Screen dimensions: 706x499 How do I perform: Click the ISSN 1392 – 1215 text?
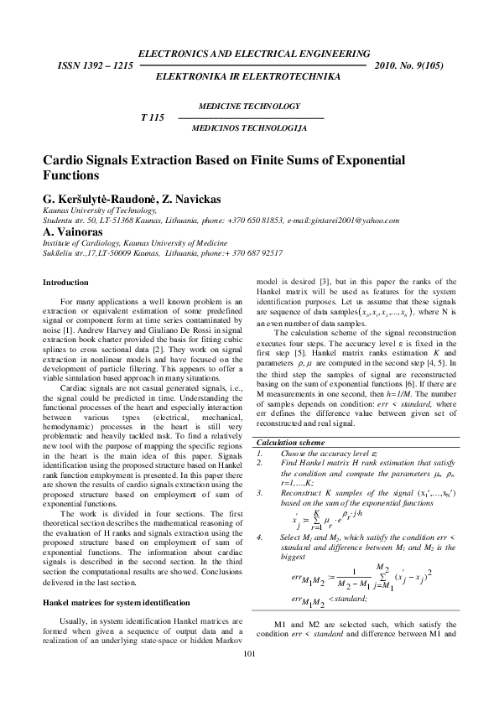tap(93, 65)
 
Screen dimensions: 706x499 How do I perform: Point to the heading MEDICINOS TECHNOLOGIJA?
tap(250, 129)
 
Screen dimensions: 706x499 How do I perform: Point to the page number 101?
tap(249, 677)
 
